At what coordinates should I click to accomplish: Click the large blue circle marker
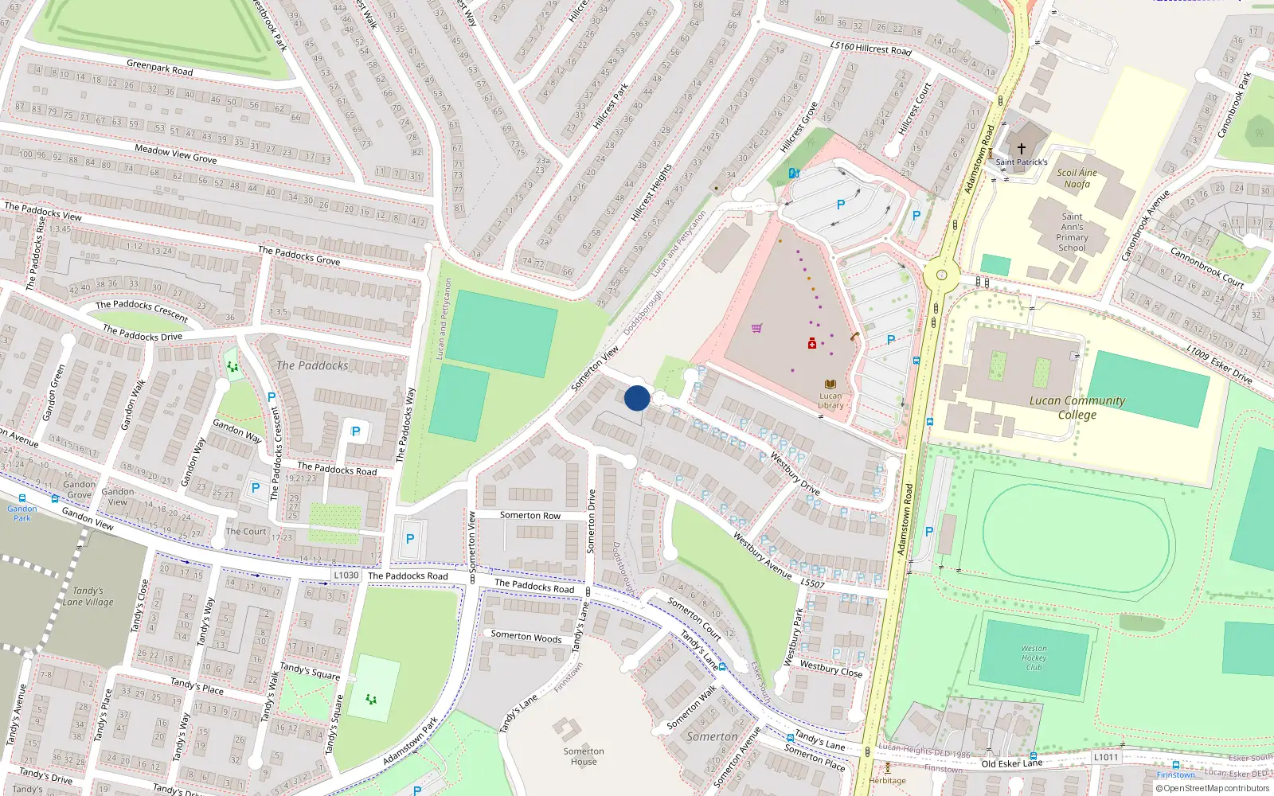click(x=637, y=398)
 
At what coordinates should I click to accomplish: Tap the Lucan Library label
click(x=830, y=400)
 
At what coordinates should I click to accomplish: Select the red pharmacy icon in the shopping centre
click(x=811, y=343)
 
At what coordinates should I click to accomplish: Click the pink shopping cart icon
click(x=756, y=328)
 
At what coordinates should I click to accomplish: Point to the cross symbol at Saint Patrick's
click(x=1022, y=149)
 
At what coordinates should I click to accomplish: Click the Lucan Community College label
click(x=1077, y=408)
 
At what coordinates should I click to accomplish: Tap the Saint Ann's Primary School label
click(x=1072, y=232)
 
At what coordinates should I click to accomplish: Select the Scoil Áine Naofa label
click(x=1077, y=178)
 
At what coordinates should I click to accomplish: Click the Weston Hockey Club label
click(x=1034, y=657)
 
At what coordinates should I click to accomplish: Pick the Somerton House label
click(x=584, y=756)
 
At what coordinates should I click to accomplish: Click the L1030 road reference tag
click(x=346, y=575)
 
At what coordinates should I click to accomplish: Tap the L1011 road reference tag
click(x=1105, y=757)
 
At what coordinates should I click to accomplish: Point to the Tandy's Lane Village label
click(x=88, y=596)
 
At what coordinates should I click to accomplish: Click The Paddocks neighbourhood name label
click(x=312, y=365)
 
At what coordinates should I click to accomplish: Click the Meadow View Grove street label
click(x=175, y=154)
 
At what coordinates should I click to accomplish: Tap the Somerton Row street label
click(x=530, y=515)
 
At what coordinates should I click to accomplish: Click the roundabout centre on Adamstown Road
click(x=942, y=275)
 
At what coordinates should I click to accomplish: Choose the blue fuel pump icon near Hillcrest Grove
click(x=793, y=173)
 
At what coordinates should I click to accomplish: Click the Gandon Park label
click(x=22, y=513)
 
